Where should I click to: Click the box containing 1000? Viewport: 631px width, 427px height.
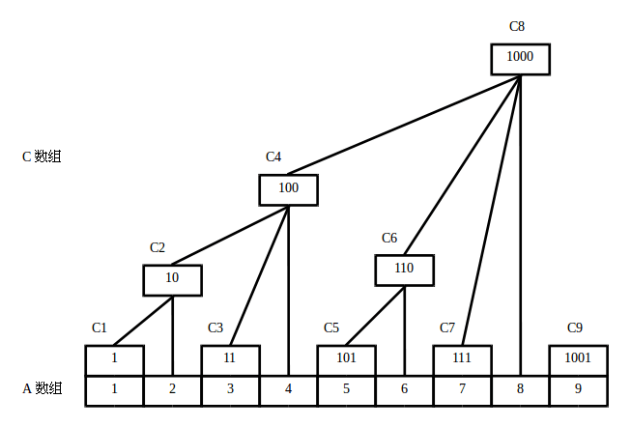tap(520, 58)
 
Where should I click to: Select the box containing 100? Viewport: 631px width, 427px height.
tap(288, 189)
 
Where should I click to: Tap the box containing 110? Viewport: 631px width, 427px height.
tap(404, 270)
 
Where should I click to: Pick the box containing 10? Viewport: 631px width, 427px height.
tap(172, 279)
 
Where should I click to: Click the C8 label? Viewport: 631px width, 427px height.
tap(517, 26)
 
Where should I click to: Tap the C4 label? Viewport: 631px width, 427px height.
tap(273, 157)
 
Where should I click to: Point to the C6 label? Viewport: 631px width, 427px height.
tap(389, 238)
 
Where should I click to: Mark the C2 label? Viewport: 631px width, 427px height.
tap(158, 247)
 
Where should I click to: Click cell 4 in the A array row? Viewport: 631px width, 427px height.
tap(288, 390)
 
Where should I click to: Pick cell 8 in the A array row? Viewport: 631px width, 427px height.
tap(520, 390)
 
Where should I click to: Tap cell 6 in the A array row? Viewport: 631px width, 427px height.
tap(404, 390)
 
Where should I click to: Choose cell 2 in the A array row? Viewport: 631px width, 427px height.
tap(172, 390)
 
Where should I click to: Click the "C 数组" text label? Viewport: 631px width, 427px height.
tap(42, 157)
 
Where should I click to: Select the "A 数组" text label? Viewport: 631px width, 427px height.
tap(42, 388)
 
